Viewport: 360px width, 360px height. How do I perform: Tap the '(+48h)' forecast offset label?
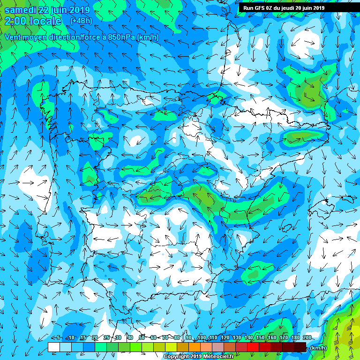(81, 21)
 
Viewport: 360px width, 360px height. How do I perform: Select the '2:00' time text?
(15, 21)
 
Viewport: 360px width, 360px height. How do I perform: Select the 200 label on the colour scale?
(307, 338)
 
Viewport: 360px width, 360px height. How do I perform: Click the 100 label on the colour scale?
(202, 338)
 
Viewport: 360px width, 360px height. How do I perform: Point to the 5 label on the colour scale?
(58, 338)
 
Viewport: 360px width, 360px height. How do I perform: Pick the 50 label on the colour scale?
(142, 338)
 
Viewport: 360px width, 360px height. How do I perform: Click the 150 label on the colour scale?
(260, 338)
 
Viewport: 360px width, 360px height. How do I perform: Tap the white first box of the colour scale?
(54, 347)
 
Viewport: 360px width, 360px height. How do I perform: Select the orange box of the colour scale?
(195, 347)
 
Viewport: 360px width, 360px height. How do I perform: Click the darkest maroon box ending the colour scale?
(300, 347)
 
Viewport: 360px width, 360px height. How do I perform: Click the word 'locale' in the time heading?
(45, 21)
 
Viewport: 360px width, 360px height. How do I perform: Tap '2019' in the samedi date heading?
(80, 10)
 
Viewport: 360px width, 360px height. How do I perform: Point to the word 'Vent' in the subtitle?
(13, 37)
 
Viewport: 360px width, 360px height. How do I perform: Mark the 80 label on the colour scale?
(177, 338)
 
